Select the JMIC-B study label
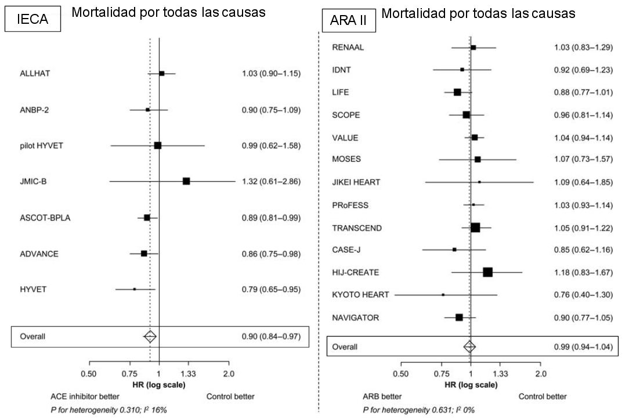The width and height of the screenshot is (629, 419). tap(33, 182)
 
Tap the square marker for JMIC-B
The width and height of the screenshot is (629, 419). tap(186, 181)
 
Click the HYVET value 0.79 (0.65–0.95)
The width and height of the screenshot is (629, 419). tap(271, 288)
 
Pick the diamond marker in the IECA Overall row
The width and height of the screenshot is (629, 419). tap(150, 336)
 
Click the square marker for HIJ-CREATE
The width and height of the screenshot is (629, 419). tap(487, 272)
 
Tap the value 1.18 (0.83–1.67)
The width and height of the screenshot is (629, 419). tap(583, 272)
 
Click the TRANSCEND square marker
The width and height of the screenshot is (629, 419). tap(475, 227)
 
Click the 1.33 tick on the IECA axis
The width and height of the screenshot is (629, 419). tap(187, 373)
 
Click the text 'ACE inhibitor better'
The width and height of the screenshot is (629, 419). tap(85, 397)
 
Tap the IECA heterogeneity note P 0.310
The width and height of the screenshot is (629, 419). tap(109, 410)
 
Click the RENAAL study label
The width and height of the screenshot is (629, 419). tap(348, 48)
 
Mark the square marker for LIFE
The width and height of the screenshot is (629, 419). tap(457, 92)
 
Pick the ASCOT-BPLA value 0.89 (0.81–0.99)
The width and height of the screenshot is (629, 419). tap(271, 218)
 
